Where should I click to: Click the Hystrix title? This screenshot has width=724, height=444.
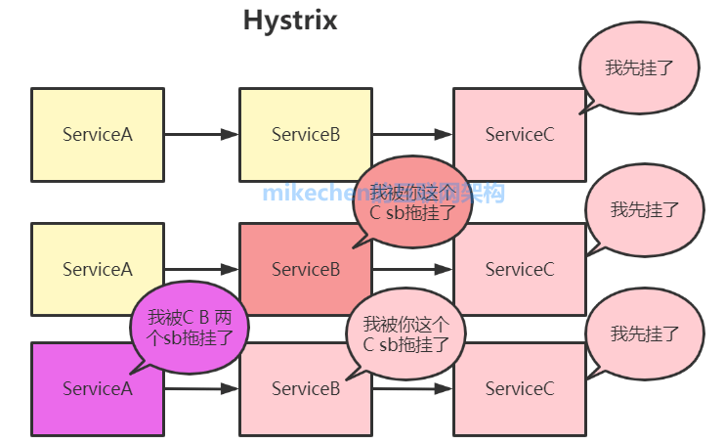[290, 21]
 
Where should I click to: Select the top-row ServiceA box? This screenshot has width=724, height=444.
[97, 134]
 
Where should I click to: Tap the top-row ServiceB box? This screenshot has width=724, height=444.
[306, 134]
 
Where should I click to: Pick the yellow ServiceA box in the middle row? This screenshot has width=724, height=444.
[97, 269]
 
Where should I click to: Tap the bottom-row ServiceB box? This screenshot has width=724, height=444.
[293, 396]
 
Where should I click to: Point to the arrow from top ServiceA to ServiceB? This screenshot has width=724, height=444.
[201, 134]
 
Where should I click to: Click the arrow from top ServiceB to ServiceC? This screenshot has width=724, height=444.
[411, 134]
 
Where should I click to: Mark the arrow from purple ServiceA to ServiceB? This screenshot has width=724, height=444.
[201, 389]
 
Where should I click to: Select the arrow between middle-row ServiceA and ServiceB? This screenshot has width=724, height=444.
[201, 269]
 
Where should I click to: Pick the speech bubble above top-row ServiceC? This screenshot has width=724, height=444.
[639, 67]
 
